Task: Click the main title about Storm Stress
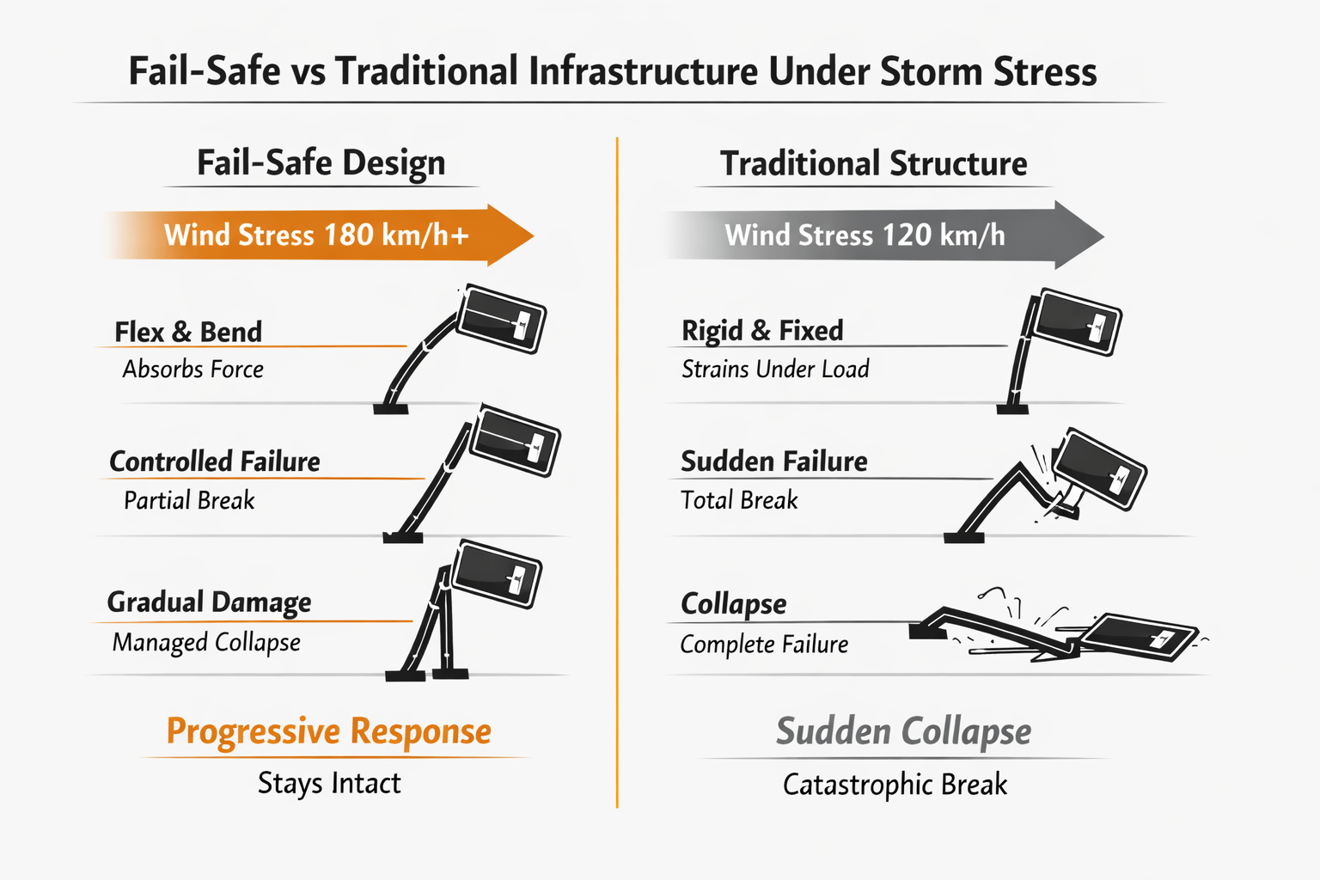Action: tap(612, 71)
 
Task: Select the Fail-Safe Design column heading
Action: tap(321, 162)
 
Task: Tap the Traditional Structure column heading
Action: tap(873, 163)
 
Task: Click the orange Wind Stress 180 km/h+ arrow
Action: tap(318, 235)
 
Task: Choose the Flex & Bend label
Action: tap(188, 332)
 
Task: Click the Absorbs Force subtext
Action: tap(192, 370)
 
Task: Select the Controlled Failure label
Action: tap(215, 461)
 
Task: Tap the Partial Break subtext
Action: tap(189, 500)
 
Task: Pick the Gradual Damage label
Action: tap(209, 602)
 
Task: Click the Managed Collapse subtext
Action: tap(206, 642)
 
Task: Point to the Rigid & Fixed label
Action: tap(762, 331)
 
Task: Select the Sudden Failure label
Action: tap(773, 461)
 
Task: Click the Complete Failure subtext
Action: tap(764, 645)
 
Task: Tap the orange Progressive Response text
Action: tap(328, 731)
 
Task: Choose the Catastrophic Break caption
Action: tap(895, 785)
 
